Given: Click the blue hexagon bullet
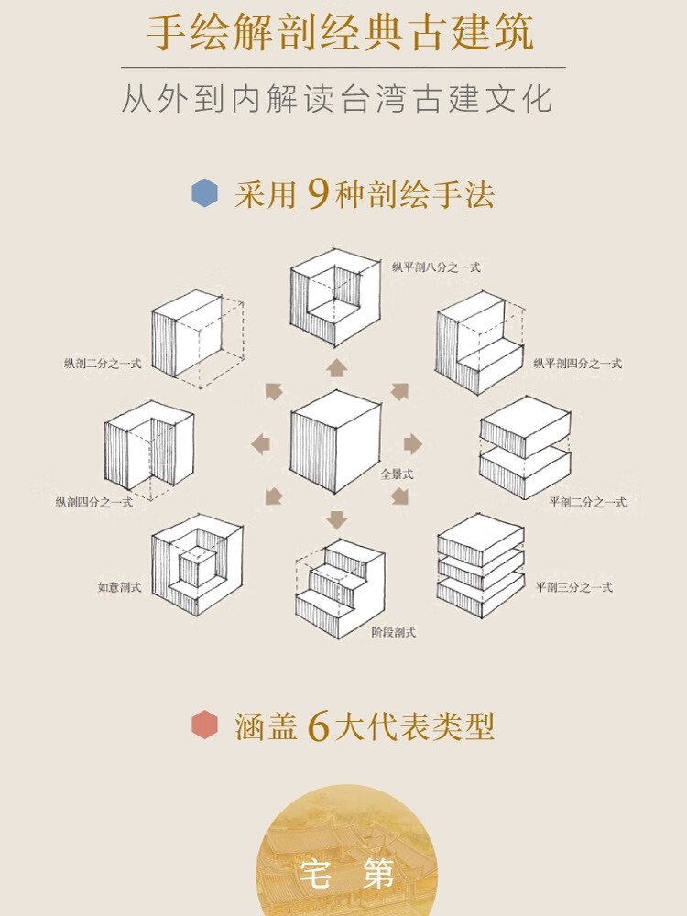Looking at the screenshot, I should click(x=204, y=193).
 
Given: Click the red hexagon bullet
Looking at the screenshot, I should click(x=204, y=725).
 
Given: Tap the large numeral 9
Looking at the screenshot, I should click(x=319, y=193).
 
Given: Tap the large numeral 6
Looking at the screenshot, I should click(x=319, y=725).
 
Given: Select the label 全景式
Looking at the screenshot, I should click(x=398, y=474).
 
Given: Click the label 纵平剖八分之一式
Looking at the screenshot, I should click(x=436, y=267).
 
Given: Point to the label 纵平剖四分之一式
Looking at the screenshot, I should click(x=577, y=364).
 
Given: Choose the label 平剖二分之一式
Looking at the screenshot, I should click(x=587, y=502).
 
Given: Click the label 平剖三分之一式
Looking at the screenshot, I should click(x=574, y=587).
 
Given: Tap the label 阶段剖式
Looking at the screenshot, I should click(x=395, y=631).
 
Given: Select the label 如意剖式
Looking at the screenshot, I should click(x=119, y=587).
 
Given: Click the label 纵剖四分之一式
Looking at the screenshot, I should click(x=94, y=502).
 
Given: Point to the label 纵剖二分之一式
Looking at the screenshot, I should click(x=103, y=364).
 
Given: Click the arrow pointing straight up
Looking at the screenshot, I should click(x=337, y=368).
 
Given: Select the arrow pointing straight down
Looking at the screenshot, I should click(x=337, y=520).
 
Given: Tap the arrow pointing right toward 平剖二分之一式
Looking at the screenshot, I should click(x=412, y=444).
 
